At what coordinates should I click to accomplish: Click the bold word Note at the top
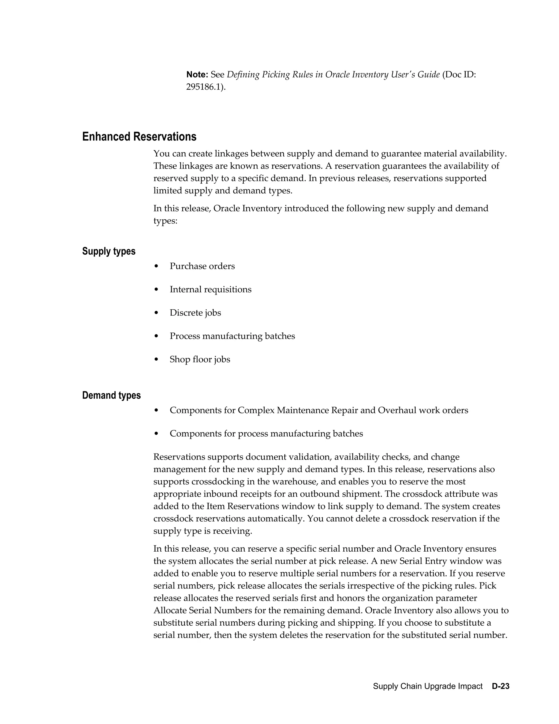pyautogui.click(x=197, y=75)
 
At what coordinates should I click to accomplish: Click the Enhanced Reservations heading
pyautogui.click(x=139, y=137)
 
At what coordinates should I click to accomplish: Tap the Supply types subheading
pyautogui.click(x=109, y=251)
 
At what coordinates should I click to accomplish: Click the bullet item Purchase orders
pyautogui.click(x=202, y=266)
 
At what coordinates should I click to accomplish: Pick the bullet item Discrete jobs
pyautogui.click(x=195, y=313)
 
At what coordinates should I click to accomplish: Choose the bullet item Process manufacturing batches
pyautogui.click(x=232, y=336)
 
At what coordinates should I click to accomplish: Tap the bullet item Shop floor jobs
pyautogui.click(x=200, y=359)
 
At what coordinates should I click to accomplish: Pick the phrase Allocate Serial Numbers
pyautogui.click(x=203, y=610)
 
